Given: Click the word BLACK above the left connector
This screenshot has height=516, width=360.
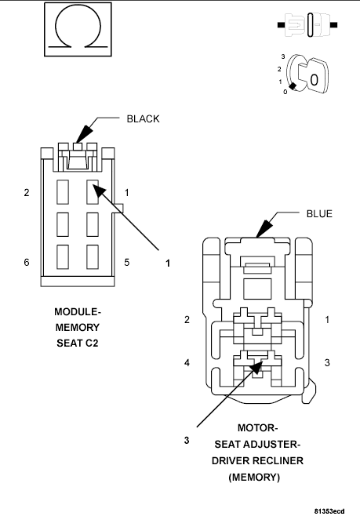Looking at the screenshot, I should pyautogui.click(x=143, y=119).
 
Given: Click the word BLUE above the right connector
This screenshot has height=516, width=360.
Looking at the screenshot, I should pyautogui.click(x=320, y=213).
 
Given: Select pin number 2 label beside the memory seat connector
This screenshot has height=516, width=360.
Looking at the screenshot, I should pyautogui.click(x=27, y=192).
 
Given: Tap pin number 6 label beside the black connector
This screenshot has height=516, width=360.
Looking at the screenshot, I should pyautogui.click(x=27, y=262).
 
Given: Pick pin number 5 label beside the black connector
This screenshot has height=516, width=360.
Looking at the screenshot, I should pyautogui.click(x=127, y=262).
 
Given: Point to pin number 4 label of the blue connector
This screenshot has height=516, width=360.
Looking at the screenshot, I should pyautogui.click(x=187, y=363).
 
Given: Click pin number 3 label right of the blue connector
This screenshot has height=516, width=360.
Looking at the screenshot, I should pyautogui.click(x=326, y=363).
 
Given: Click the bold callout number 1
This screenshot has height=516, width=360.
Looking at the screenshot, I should pyautogui.click(x=168, y=263).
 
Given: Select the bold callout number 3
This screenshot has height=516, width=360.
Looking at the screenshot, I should pyautogui.click(x=187, y=440).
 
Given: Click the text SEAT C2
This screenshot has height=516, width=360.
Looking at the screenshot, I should pyautogui.click(x=77, y=343).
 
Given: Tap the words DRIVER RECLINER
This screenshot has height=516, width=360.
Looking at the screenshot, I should pyautogui.click(x=256, y=460).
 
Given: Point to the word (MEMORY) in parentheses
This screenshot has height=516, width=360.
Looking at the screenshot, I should pyautogui.click(x=256, y=476).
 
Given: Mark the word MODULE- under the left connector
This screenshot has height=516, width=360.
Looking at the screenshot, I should pyautogui.click(x=77, y=311).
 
